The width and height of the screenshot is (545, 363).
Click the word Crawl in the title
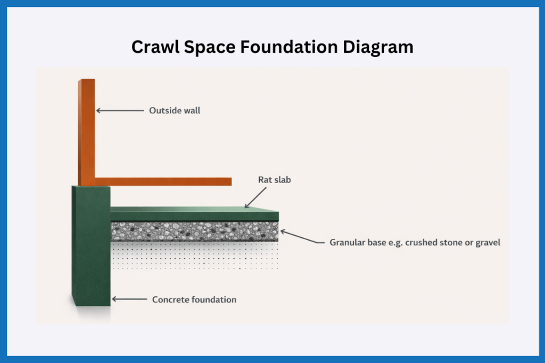(x=155, y=47)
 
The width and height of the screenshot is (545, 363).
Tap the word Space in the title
(x=210, y=47)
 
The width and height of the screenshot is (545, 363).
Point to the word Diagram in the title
(x=378, y=47)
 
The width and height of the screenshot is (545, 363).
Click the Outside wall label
(x=175, y=111)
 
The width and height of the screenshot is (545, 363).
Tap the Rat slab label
(x=274, y=180)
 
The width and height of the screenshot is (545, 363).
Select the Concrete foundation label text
(x=194, y=299)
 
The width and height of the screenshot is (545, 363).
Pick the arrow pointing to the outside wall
(x=120, y=111)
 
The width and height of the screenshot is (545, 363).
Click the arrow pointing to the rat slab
(x=255, y=198)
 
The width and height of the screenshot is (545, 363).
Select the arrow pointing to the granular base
(x=302, y=236)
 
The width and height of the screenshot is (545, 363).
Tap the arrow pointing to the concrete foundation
(x=129, y=299)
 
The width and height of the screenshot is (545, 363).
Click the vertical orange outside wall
(x=87, y=133)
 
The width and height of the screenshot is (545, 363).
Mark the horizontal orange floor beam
(x=163, y=181)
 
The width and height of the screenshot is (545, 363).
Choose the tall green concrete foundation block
(x=91, y=246)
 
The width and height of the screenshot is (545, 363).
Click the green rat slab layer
(x=195, y=213)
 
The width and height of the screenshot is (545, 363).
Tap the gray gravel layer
(x=195, y=231)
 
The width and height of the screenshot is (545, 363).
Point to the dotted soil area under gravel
(x=195, y=256)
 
